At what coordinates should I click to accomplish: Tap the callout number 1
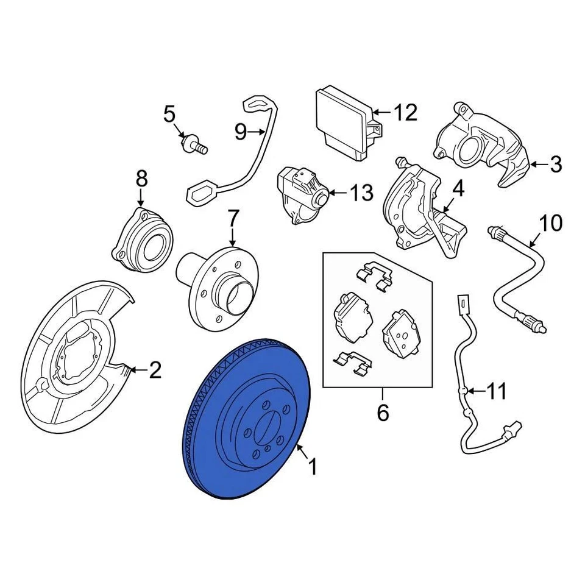pyautogui.click(x=312, y=467)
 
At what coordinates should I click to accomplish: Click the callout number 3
pyautogui.click(x=555, y=164)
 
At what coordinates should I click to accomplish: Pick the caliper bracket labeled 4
pyautogui.click(x=427, y=213)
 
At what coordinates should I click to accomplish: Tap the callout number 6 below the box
pyautogui.click(x=382, y=414)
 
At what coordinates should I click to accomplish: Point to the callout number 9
pyautogui.click(x=241, y=130)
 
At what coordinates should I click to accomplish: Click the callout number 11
pyautogui.click(x=497, y=391)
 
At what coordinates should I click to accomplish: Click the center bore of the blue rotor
pyautogui.click(x=267, y=427)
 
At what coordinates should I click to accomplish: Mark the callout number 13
pyautogui.click(x=361, y=194)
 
